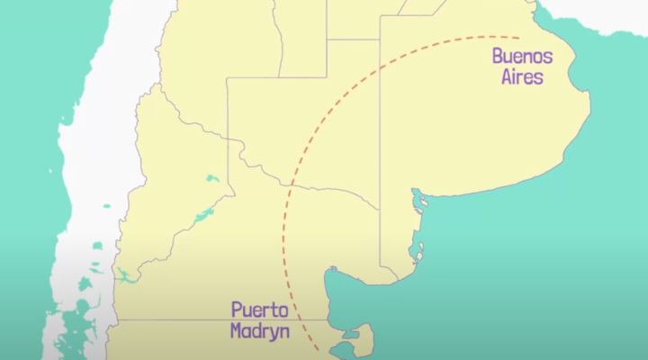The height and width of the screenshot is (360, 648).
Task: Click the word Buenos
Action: click(522, 57)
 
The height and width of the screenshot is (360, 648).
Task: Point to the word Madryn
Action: click(259, 330)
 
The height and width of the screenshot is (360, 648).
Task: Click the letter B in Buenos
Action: click(498, 57)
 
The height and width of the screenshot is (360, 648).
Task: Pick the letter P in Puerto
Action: click(236, 310)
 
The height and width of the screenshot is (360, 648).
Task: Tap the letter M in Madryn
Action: click(236, 330)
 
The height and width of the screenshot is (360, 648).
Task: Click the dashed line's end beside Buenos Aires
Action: click(518, 37)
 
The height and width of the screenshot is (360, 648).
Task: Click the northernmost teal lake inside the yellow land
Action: click(212, 178)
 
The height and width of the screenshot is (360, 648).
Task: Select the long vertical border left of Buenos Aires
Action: click(381, 135)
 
